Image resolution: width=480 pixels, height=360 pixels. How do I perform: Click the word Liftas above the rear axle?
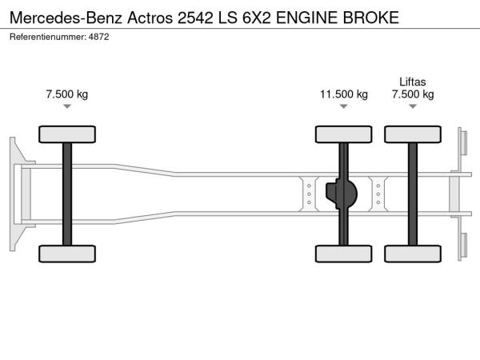point(413,81)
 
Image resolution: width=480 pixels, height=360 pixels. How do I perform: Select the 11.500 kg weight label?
point(344,94)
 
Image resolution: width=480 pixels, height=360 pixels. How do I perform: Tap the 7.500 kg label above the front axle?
point(67,94)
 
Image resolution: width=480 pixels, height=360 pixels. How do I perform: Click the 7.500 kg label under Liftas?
point(413,94)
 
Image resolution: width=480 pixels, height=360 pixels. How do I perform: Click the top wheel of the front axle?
point(67,133)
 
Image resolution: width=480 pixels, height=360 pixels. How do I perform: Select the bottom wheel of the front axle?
point(67,254)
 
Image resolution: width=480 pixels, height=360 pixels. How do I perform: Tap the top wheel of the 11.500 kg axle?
point(344,133)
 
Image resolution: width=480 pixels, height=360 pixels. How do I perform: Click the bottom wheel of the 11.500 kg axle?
point(344,254)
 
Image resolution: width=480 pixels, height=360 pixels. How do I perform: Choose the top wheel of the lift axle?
point(413,133)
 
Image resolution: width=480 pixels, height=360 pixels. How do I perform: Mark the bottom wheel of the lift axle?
point(413,254)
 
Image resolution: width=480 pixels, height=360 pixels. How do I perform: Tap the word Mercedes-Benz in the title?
point(63,16)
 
